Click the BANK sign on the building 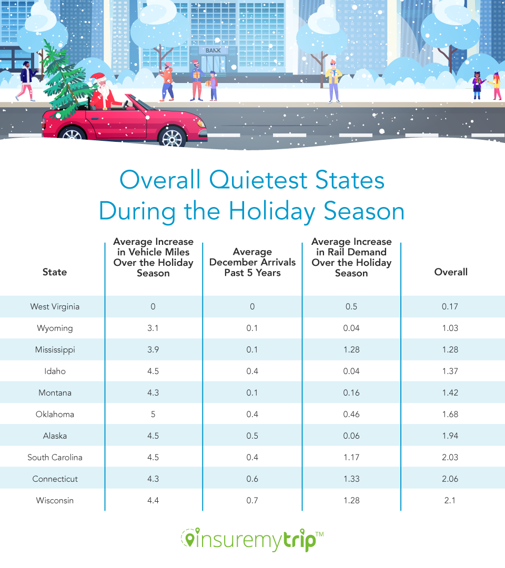coord(213,51)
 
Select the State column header coord(55,272)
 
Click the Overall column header coord(451,272)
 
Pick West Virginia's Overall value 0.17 coord(450,306)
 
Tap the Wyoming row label coord(55,328)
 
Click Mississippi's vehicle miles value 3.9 coord(153,349)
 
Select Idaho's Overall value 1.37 coord(450,371)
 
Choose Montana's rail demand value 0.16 coord(351,393)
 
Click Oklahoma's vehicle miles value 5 coord(153,414)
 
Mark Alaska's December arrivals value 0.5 coord(252,436)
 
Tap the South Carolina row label coord(55,457)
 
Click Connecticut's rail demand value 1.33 coord(351,479)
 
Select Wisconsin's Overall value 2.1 coord(450,500)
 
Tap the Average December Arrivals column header coord(252,262)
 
